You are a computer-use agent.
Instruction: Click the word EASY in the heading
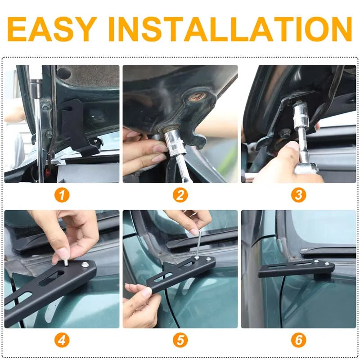(52, 29)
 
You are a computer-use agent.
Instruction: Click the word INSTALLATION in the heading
(230, 29)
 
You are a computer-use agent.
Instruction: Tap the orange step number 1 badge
(62, 195)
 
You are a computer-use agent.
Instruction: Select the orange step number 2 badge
(180, 195)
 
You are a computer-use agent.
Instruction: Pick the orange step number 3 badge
(298, 195)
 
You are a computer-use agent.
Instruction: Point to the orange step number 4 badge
(62, 340)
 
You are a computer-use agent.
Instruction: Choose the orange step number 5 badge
(180, 340)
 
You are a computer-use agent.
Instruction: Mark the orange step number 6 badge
(298, 340)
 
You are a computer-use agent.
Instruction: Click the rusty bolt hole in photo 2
(197, 97)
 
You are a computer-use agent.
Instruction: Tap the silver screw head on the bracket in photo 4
(85, 265)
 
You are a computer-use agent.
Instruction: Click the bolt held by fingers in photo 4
(66, 263)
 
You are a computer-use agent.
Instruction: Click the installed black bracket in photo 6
(296, 269)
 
